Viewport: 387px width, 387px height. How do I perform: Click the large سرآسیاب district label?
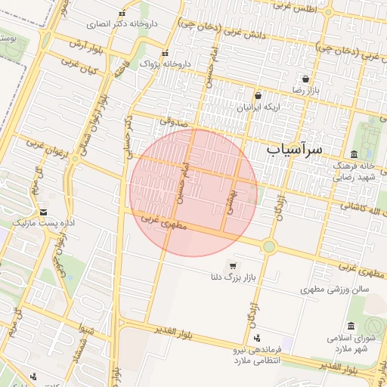pyautogui.click(x=295, y=150)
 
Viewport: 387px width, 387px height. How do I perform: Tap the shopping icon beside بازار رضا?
pyautogui.click(x=305, y=79)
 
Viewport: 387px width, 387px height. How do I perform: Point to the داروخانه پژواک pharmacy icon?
pyautogui.click(x=165, y=53)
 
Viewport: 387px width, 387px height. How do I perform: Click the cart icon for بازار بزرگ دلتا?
pyautogui.click(x=231, y=265)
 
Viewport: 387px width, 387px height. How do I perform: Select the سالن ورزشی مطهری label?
pyautogui.click(x=333, y=289)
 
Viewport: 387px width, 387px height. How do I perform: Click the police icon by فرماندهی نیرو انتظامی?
pyautogui.click(x=259, y=338)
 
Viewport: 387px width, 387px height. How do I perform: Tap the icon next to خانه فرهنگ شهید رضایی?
pyautogui.click(x=354, y=155)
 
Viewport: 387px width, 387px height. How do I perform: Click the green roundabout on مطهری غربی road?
pyautogui.click(x=268, y=246)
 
